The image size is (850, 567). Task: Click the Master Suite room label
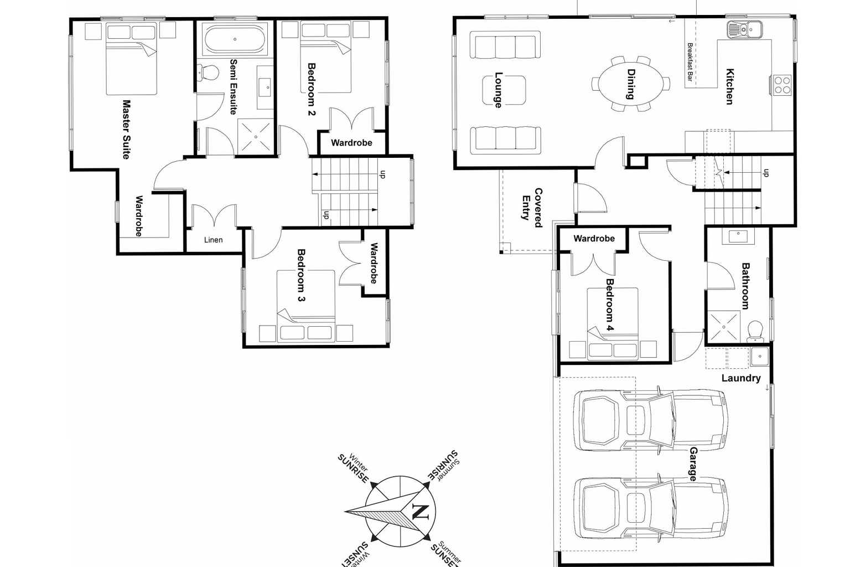[x=126, y=130]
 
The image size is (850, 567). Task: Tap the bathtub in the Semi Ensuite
[x=235, y=39]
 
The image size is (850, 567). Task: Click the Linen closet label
[x=213, y=240]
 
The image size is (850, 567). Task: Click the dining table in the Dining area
[x=630, y=84]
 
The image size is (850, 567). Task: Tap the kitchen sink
[x=744, y=29]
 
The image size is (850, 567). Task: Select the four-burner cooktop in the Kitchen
[x=782, y=85]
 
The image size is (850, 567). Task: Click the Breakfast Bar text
[x=690, y=63]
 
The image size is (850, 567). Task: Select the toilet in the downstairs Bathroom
[x=754, y=332]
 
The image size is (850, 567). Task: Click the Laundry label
[x=740, y=378]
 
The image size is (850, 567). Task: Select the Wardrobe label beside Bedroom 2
[x=351, y=143]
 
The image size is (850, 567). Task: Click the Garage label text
[x=693, y=464]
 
